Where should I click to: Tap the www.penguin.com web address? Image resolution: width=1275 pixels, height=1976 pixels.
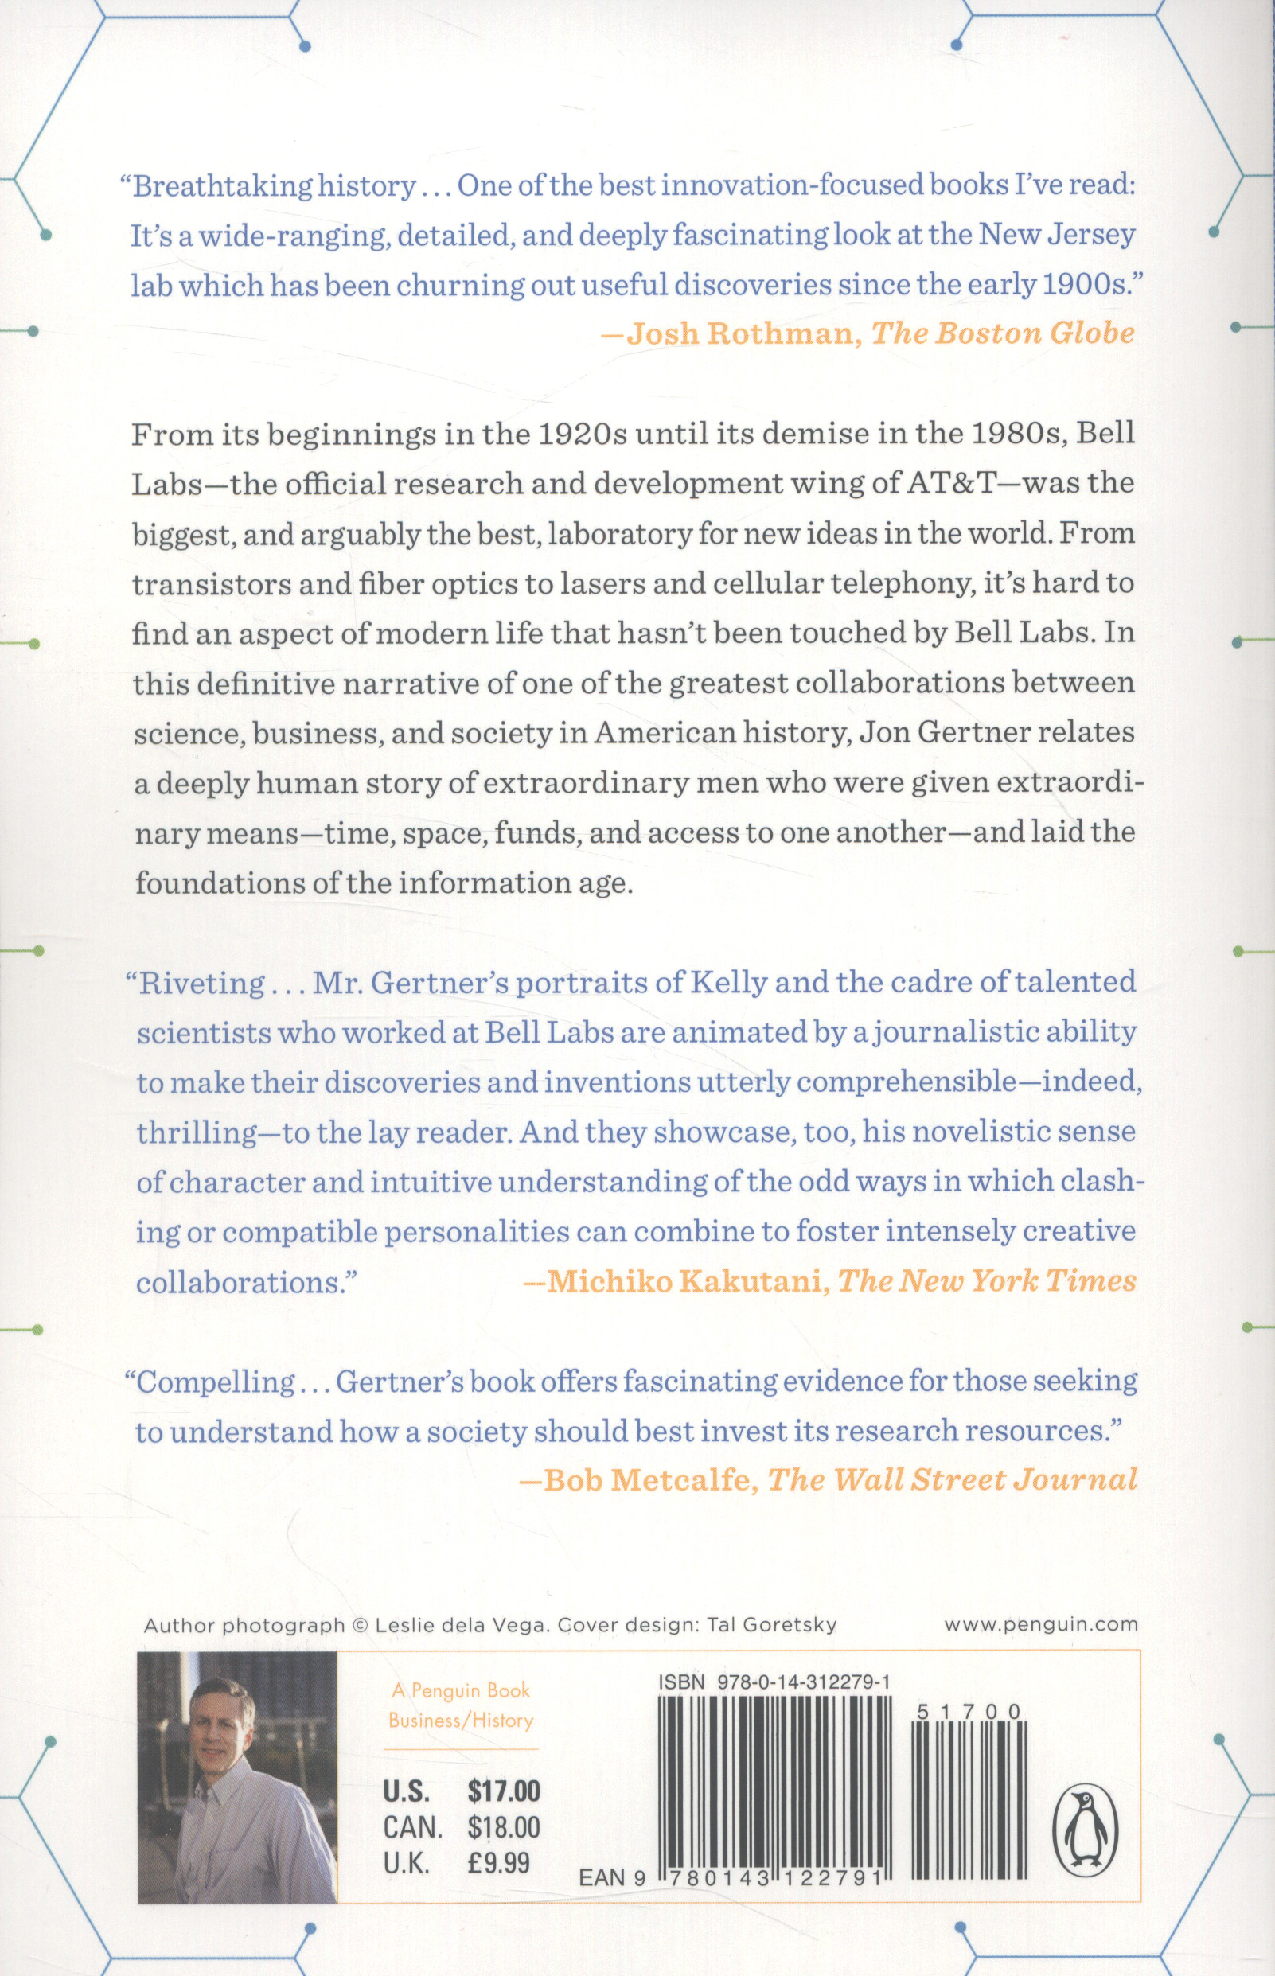point(1041,1624)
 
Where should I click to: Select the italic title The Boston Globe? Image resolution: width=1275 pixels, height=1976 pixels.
point(1003,333)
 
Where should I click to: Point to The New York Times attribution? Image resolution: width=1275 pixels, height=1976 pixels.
point(987,1281)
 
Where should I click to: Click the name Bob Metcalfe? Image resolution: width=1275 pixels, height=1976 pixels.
point(645,1479)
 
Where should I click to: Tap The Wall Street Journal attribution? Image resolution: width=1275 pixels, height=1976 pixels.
point(952,1479)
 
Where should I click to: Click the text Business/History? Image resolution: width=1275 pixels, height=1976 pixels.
point(461,1721)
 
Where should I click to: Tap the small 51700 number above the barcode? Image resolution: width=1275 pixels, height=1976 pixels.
point(969,1713)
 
